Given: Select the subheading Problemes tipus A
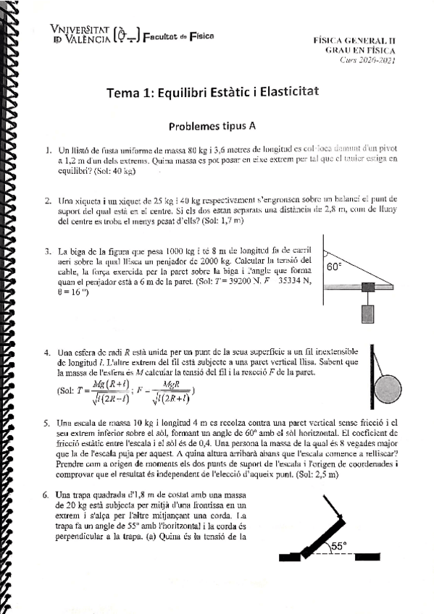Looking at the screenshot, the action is (x=212, y=125).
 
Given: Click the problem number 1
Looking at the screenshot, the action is (x=47, y=152).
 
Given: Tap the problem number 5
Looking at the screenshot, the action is (x=47, y=422).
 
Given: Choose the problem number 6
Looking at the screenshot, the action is (x=47, y=495).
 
